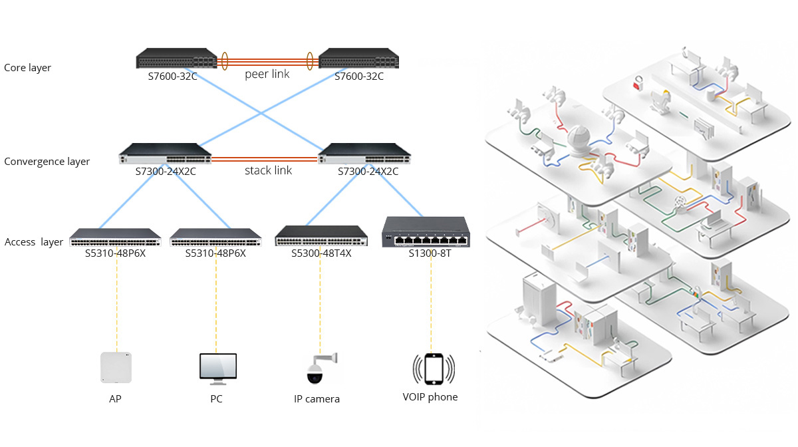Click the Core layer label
point(27,68)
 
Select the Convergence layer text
point(47,162)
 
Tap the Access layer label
point(34,242)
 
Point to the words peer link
point(267,74)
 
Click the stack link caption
point(268,171)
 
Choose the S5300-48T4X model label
point(321,253)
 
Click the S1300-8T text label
point(430,253)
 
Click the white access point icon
point(116,367)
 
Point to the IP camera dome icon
point(315,374)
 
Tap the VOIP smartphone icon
point(434,369)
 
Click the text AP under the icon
point(115,399)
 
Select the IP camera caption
point(317,399)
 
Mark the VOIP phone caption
point(430,397)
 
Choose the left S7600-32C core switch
point(176,59)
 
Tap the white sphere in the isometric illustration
point(579,138)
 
